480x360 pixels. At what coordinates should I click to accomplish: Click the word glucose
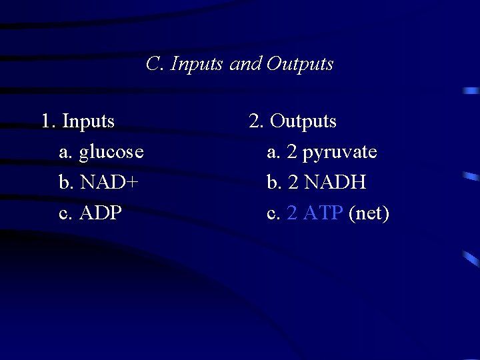[x=111, y=153]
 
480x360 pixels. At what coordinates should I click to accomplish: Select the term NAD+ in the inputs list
[x=109, y=183]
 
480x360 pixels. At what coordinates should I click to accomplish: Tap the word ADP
[x=101, y=213]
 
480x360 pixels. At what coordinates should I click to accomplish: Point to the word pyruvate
[x=339, y=153]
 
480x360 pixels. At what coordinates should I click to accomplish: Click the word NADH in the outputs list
[x=335, y=183]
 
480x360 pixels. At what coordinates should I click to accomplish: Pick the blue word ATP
[x=323, y=213]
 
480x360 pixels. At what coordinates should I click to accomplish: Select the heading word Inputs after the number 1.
[x=88, y=122]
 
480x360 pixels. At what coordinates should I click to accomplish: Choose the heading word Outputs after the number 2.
[x=303, y=122]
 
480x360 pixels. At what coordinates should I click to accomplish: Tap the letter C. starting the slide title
[x=155, y=64]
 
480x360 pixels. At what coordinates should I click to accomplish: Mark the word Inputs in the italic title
[x=197, y=65]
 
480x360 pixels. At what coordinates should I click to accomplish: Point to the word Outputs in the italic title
[x=299, y=64]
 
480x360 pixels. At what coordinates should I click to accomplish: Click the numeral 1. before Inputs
[x=48, y=122]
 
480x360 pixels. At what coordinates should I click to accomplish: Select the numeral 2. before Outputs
[x=256, y=122]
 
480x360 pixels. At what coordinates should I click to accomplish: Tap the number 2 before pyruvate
[x=291, y=153]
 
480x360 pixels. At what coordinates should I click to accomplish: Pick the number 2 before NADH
[x=291, y=183]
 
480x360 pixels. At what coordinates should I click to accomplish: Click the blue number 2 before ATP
[x=291, y=213]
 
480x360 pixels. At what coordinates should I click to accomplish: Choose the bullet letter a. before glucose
[x=66, y=153]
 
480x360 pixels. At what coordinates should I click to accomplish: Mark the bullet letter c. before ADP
[x=66, y=213]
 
